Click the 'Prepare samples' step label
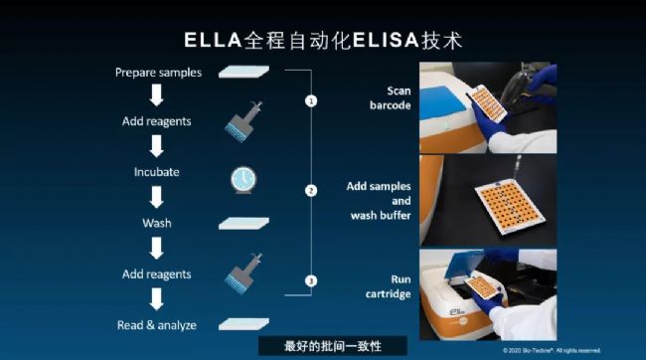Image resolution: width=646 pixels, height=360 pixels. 159,73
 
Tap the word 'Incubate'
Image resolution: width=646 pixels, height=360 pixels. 157,172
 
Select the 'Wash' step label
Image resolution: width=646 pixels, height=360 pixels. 157,223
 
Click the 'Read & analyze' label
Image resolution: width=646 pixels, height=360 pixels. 157,325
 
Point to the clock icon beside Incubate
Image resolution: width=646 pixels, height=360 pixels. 243,180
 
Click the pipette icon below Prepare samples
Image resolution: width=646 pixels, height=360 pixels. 243,122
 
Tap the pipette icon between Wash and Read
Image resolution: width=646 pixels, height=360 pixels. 243,273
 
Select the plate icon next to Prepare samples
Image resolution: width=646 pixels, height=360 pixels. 243,72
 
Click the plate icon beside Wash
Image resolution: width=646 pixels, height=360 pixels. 243,224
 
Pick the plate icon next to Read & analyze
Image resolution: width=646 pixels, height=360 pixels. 243,324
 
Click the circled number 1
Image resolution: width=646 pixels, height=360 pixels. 311,100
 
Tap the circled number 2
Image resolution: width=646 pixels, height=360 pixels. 311,191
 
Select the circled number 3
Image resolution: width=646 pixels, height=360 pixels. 311,280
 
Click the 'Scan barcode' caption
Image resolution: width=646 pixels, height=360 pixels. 391,98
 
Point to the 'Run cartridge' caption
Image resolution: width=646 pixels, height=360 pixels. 388,286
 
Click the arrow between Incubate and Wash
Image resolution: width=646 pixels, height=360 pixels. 157,197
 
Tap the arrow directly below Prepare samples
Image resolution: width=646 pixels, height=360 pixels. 157,95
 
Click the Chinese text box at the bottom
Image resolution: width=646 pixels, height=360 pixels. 333,345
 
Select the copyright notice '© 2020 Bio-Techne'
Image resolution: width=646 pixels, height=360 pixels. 552,350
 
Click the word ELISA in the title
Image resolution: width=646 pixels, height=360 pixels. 386,41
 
